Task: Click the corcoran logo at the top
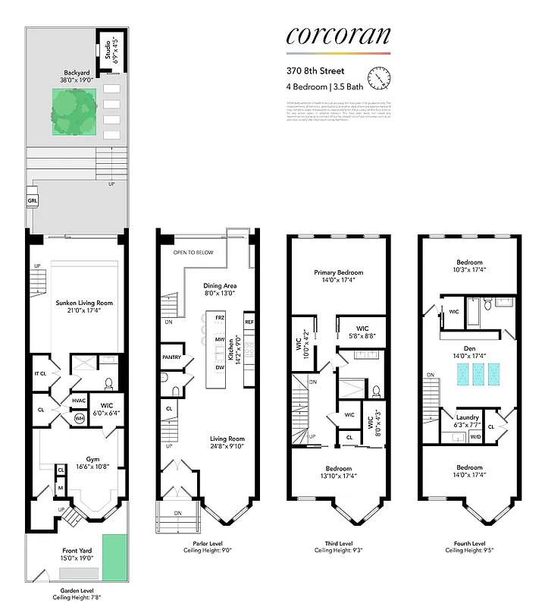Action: pos(338,35)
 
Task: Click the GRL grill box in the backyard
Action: pos(33,201)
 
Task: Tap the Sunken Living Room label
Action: pos(78,305)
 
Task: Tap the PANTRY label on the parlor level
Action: pos(171,357)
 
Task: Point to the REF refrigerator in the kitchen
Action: pos(249,322)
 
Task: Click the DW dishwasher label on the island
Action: pos(220,367)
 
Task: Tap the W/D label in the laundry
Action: pos(476,437)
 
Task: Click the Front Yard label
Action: pos(77,553)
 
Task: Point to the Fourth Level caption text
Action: pos(468,543)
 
